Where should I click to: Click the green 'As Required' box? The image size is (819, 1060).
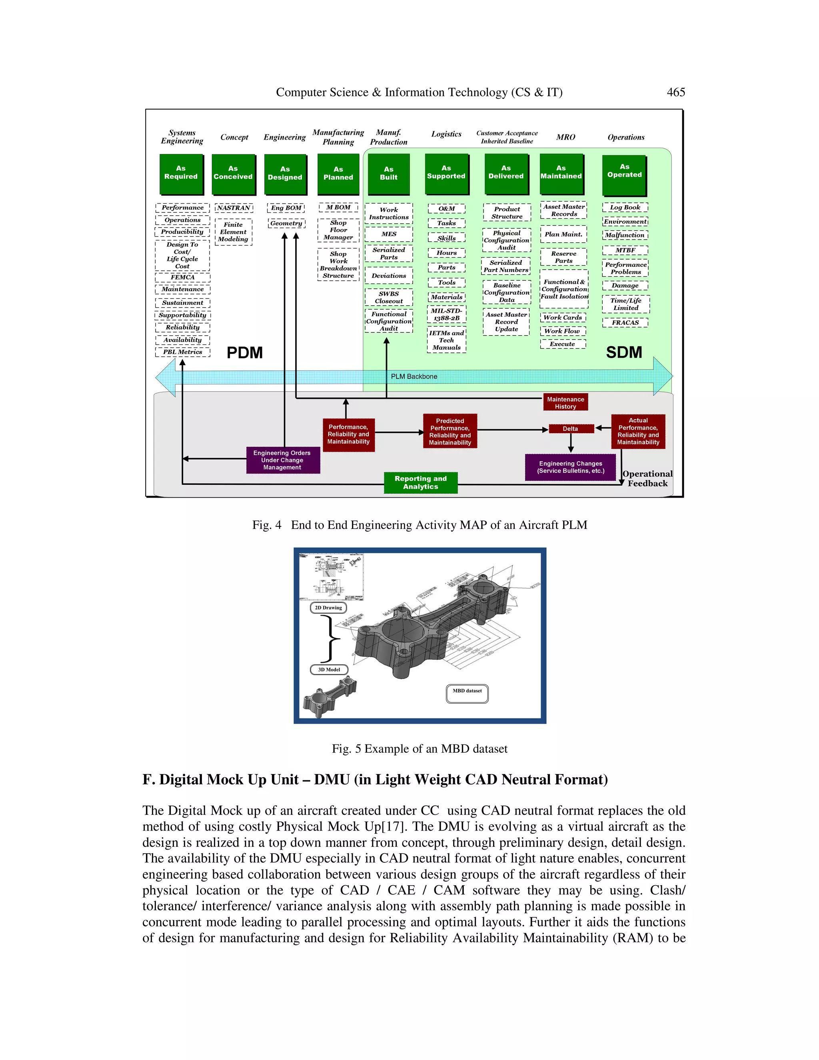pyautogui.click(x=181, y=173)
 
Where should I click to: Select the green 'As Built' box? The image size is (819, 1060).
pyautogui.click(x=388, y=174)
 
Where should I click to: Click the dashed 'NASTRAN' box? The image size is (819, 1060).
pyautogui.click(x=234, y=208)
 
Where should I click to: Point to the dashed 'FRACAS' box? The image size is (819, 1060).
pyautogui.click(x=625, y=322)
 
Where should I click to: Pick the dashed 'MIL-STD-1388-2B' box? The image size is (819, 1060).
pyautogui.click(x=446, y=314)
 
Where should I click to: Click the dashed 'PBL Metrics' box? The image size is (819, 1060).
pyautogui.click(x=182, y=352)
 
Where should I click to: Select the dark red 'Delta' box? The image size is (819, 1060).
pyautogui.click(x=571, y=428)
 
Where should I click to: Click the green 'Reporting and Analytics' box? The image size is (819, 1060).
pyautogui.click(x=420, y=482)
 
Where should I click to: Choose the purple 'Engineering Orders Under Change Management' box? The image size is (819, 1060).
pyautogui.click(x=282, y=460)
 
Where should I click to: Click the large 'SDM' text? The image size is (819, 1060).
pyautogui.click(x=624, y=352)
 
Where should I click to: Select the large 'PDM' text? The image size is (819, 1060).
pyautogui.click(x=244, y=352)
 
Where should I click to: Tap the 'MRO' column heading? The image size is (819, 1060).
pyautogui.click(x=566, y=137)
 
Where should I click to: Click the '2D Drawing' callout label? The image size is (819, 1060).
pyautogui.click(x=328, y=608)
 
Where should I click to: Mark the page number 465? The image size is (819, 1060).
pyautogui.click(x=676, y=92)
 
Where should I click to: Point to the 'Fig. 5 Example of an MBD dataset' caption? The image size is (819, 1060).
pyautogui.click(x=419, y=748)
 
